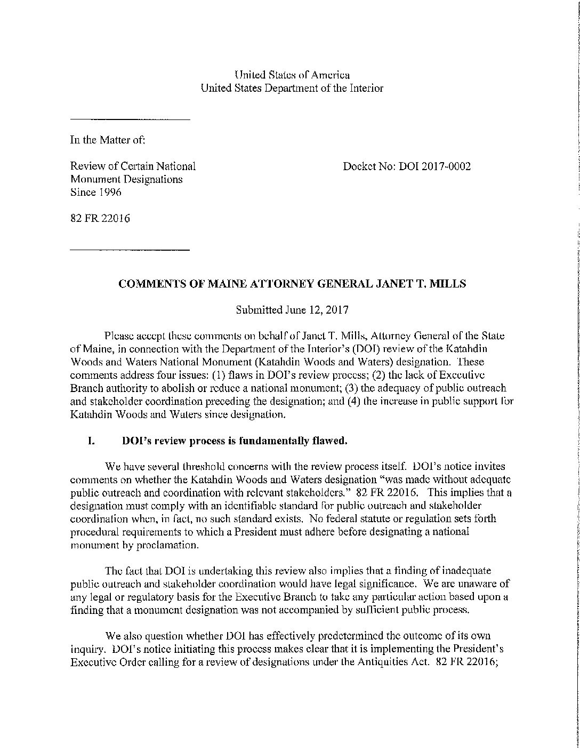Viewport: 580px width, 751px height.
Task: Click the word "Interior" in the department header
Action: coord(366,89)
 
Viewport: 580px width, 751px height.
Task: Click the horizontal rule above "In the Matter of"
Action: coord(130,119)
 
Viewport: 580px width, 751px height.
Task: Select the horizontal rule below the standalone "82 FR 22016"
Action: coord(130,250)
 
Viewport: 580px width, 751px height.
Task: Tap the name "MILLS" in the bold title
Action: coord(450,284)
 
